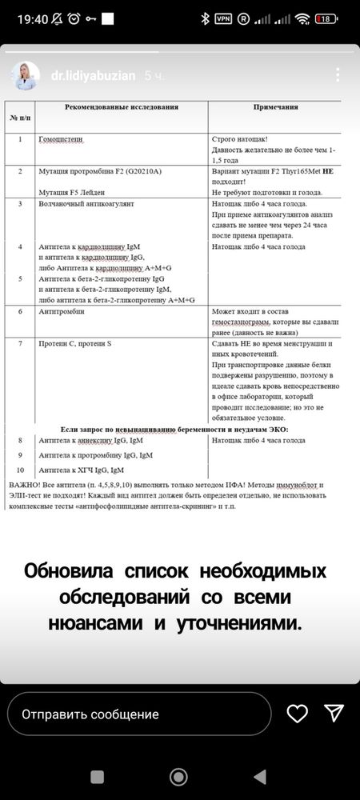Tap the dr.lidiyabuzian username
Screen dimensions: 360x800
94,76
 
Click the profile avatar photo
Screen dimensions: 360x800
24,76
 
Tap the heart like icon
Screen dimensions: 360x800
298,714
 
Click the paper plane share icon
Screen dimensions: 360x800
334,714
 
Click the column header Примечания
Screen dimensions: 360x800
275,106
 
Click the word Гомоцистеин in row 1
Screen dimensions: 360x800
61,139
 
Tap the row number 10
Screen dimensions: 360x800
20,470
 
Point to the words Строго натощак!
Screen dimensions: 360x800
240,139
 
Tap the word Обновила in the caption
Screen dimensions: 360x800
70,572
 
